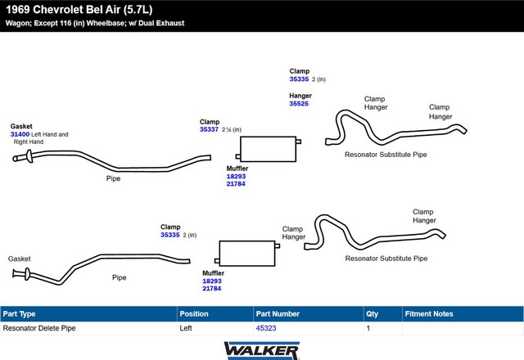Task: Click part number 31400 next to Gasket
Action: pyautogui.click(x=20, y=134)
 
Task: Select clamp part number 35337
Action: pyautogui.click(x=209, y=129)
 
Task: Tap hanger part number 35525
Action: pyautogui.click(x=299, y=104)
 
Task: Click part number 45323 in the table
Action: pyautogui.click(x=266, y=328)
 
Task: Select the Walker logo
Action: pyautogui.click(x=262, y=351)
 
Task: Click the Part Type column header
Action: pyautogui.click(x=19, y=314)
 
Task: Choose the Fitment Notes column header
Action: pyautogui.click(x=429, y=314)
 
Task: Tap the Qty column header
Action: pyautogui.click(x=372, y=314)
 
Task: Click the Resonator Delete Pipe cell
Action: pyautogui.click(x=39, y=328)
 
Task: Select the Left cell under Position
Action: pyautogui.click(x=186, y=328)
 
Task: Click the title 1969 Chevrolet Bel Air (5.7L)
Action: pyautogui.click(x=79, y=9)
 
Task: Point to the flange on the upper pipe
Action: pyautogui.click(x=29, y=156)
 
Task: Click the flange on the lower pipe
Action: pyautogui.click(x=27, y=274)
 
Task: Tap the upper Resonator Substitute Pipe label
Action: pyautogui.click(x=386, y=155)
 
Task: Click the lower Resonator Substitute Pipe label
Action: pyautogui.click(x=386, y=259)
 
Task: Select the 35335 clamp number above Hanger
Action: pyautogui.click(x=299, y=79)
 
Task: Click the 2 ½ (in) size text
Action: pyautogui.click(x=232, y=129)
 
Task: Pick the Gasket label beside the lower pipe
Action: pyautogui.click(x=20, y=259)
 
